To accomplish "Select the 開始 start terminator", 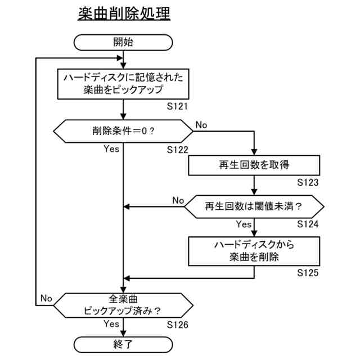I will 123,42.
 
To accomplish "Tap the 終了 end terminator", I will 123,344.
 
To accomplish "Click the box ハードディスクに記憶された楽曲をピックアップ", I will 123,83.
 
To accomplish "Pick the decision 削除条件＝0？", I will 123,132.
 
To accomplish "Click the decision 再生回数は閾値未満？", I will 254,206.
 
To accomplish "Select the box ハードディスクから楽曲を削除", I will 254,251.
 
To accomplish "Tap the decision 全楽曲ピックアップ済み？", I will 123,304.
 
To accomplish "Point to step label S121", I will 177,105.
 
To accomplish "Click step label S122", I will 177,150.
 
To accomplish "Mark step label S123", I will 308,182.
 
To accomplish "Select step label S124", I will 308,224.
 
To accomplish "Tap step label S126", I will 177,325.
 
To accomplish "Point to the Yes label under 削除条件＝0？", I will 111,149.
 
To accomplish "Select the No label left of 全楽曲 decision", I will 46,298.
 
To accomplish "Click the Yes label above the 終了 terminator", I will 111,324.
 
